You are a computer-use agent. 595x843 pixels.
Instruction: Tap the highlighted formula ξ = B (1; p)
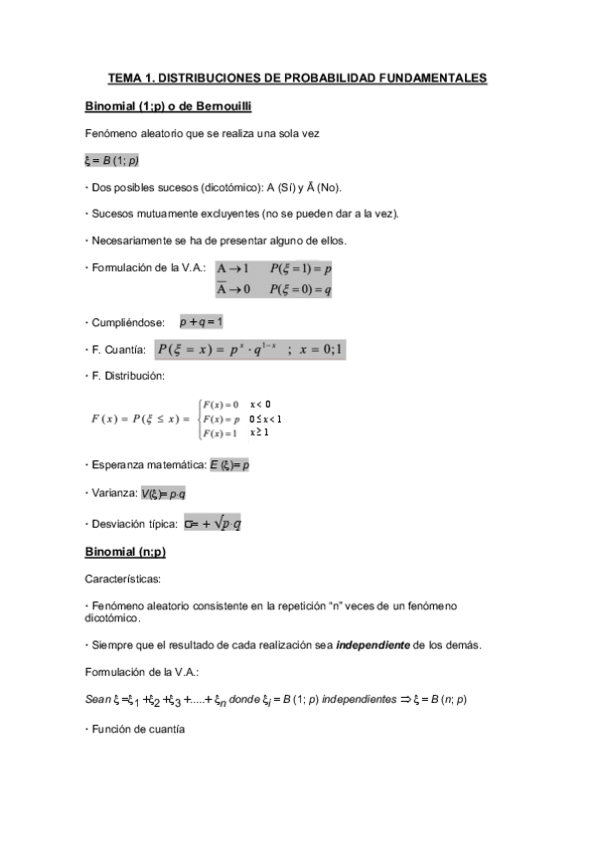111,160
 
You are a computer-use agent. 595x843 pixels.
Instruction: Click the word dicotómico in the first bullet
230,187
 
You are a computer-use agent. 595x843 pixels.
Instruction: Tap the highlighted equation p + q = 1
201,322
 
